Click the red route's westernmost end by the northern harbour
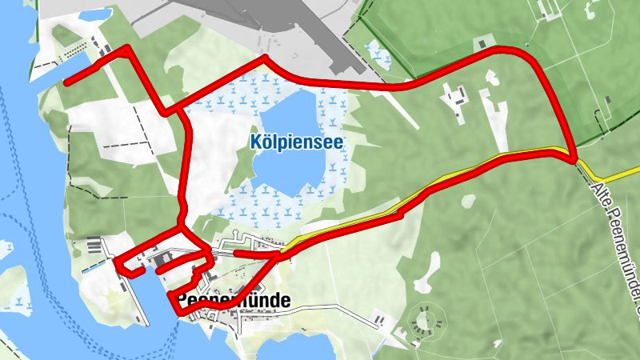[x=66, y=82]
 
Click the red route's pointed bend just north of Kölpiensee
[x=262, y=58]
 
